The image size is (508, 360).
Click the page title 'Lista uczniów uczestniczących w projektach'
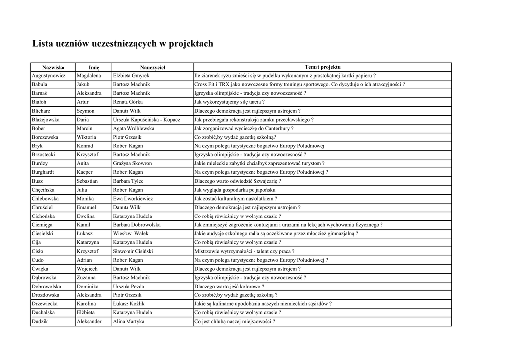(123, 44)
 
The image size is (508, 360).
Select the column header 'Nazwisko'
(53, 67)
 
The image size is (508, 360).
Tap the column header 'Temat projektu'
(322, 67)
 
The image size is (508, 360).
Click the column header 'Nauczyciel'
(152, 67)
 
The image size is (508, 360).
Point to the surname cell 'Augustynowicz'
(49, 76)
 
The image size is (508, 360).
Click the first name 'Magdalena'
(89, 76)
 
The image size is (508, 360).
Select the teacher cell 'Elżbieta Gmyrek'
(131, 76)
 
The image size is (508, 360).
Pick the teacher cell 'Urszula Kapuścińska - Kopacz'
(146, 120)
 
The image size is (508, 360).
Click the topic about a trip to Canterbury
(244, 129)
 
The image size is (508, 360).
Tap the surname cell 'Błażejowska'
(46, 120)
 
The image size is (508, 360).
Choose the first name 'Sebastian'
(87, 181)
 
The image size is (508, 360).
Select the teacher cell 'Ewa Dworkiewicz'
(133, 199)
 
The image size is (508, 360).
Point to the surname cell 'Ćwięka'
(40, 269)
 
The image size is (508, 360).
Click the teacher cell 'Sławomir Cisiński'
(133, 251)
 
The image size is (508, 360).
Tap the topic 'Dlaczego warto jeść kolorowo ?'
(229, 287)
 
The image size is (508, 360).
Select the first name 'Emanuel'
(86, 207)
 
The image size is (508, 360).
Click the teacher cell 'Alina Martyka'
(128, 321)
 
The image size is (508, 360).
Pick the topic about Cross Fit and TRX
(300, 85)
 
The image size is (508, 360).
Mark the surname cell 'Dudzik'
(40, 321)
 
